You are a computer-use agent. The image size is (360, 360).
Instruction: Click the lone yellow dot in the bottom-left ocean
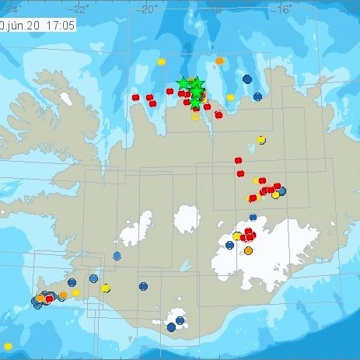point(8,346)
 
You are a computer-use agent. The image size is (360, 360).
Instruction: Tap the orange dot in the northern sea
point(220,60)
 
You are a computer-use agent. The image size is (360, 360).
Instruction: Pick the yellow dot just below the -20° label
point(161,61)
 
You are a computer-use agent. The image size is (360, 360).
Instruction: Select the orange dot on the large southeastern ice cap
point(249,250)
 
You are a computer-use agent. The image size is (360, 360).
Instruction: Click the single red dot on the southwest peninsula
point(50,298)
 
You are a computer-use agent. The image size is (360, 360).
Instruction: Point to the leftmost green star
point(183,82)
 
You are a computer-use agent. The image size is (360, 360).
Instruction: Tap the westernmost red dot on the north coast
point(135,97)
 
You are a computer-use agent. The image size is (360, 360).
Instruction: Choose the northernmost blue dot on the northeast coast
point(247,79)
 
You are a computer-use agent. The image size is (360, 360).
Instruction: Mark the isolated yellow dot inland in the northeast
point(260,140)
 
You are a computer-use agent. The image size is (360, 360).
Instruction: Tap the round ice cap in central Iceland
point(187,219)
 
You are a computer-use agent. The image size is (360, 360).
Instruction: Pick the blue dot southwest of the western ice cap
point(117,256)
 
